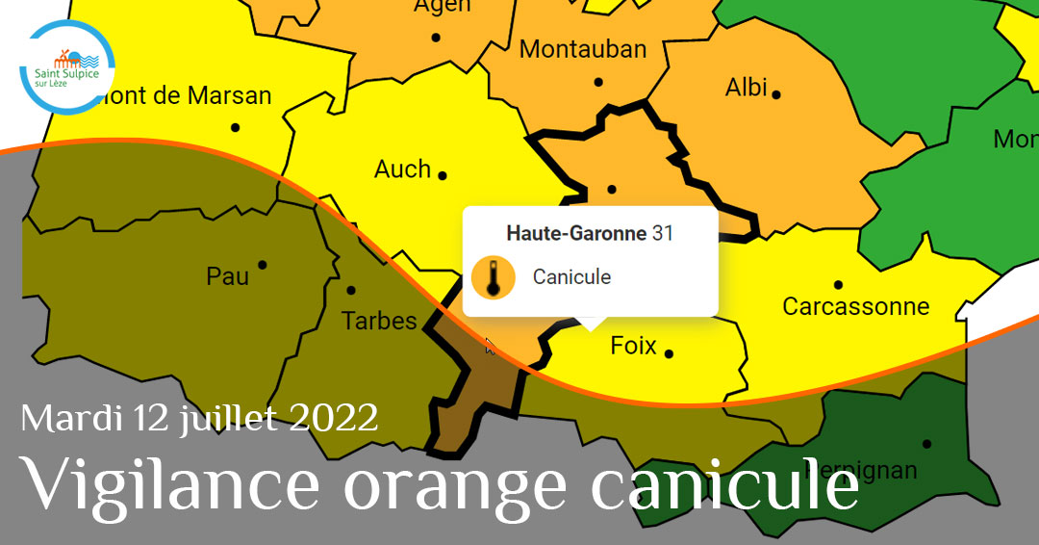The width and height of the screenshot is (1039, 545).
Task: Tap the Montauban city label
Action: pyautogui.click(x=583, y=49)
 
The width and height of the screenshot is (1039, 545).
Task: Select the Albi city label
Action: pyautogui.click(x=746, y=89)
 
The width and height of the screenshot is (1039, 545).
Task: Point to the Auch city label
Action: pyautogui.click(x=402, y=169)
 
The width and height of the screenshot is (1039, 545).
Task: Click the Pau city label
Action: pyautogui.click(x=228, y=277)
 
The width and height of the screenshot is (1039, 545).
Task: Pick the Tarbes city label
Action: pyautogui.click(x=380, y=321)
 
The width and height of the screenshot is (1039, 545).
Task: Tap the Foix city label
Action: pyautogui.click(x=633, y=346)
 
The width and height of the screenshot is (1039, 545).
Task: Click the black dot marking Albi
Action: pyautogui.click(x=776, y=94)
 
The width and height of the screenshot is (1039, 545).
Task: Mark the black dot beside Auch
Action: pyautogui.click(x=443, y=175)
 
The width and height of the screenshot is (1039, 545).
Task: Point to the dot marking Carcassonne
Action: pyautogui.click(x=838, y=285)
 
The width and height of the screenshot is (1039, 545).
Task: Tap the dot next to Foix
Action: pyautogui.click(x=669, y=353)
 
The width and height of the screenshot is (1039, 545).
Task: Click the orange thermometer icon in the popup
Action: pyautogui.click(x=493, y=277)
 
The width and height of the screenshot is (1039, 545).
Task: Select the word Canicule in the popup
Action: pyautogui.click(x=571, y=277)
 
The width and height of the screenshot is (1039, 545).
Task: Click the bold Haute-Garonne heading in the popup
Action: pyautogui.click(x=575, y=233)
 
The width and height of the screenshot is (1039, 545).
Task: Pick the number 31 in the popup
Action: pyautogui.click(x=663, y=233)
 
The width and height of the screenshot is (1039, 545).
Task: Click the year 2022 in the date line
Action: pyautogui.click(x=333, y=418)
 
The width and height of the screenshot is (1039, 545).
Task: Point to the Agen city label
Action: pyautogui.click(x=442, y=6)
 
